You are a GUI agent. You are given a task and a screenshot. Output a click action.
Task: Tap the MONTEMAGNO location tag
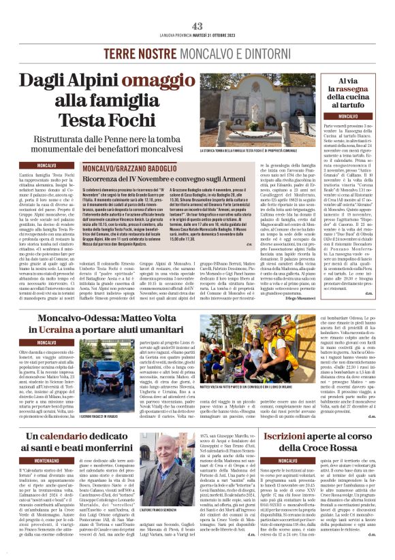52,461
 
